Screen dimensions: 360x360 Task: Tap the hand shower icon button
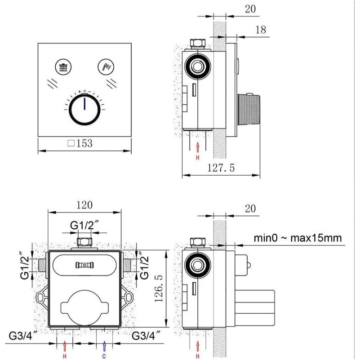(104, 67)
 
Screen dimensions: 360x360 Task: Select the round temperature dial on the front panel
(84, 110)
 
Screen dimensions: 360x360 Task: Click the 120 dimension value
(84, 205)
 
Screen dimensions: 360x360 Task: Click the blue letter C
(104, 357)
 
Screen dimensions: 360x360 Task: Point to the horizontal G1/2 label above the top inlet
(84, 225)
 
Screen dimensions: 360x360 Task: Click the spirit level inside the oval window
(84, 265)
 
